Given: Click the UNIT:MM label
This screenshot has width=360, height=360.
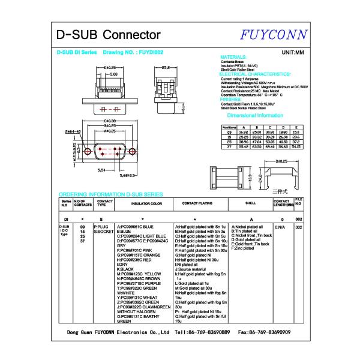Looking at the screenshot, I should (x=293, y=53).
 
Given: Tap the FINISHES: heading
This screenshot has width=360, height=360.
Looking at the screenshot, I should (x=231, y=99).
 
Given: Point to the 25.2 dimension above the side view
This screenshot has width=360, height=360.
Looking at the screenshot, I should (x=166, y=68).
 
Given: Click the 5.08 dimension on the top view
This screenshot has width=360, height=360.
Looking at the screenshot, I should (x=113, y=75).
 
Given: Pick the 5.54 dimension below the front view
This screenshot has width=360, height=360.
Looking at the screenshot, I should (x=103, y=170).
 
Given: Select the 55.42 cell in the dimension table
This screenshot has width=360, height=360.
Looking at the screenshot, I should (x=244, y=146).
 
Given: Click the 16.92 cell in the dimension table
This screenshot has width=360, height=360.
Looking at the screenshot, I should (x=244, y=132).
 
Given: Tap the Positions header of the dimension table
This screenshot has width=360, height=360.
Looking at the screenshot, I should (x=229, y=127).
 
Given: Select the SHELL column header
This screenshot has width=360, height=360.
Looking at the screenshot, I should (x=251, y=204).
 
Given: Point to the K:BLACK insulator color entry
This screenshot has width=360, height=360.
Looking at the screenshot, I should (x=126, y=269).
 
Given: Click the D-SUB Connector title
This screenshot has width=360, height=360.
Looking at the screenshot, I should (x=107, y=34).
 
